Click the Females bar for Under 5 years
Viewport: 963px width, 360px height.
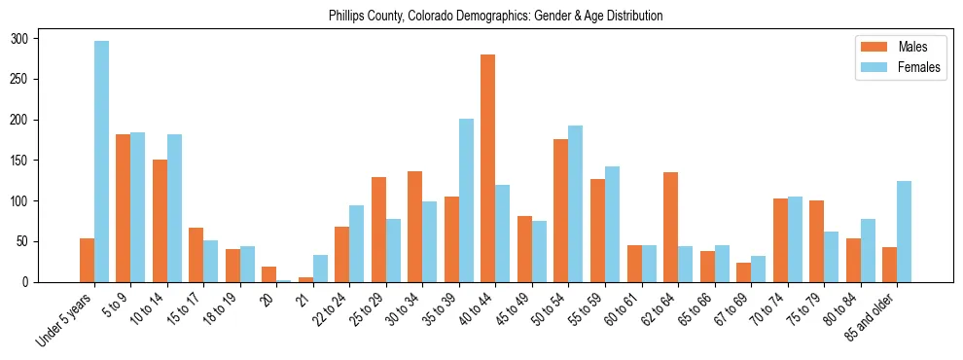101,162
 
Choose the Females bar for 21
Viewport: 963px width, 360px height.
320,269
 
